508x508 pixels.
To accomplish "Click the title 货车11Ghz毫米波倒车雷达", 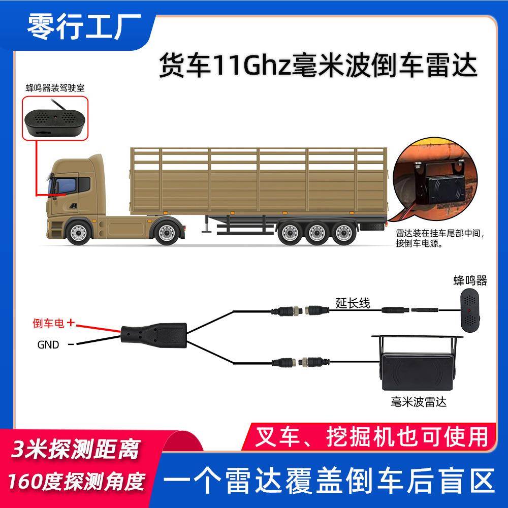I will [319, 67].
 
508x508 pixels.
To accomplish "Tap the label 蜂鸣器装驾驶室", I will [55, 87].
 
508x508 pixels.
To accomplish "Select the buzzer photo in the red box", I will [54, 119].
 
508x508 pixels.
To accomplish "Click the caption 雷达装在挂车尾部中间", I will [438, 234].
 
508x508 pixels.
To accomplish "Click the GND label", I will [48, 345].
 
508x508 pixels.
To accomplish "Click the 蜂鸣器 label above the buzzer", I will [470, 280].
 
